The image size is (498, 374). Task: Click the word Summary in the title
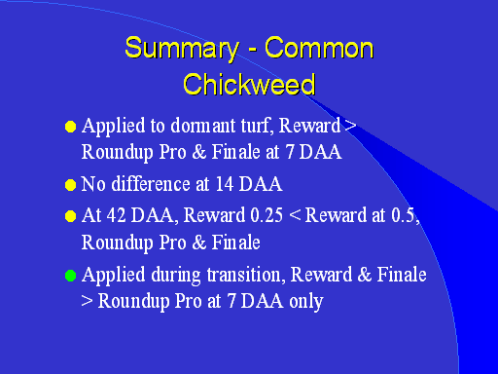pyautogui.click(x=182, y=49)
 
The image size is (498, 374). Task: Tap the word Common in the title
pyautogui.click(x=319, y=48)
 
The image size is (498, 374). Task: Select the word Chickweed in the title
pyautogui.click(x=249, y=84)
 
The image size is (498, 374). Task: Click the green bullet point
pyautogui.click(x=70, y=276)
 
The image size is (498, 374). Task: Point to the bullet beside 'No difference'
pyautogui.click(x=70, y=185)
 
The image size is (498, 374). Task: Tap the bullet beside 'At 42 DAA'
pyautogui.click(x=70, y=216)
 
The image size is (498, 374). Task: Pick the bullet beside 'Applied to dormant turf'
pyautogui.click(x=70, y=127)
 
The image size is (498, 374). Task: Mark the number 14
pyautogui.click(x=225, y=184)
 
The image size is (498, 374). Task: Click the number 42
pyautogui.click(x=116, y=215)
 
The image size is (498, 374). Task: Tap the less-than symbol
pyautogui.click(x=295, y=216)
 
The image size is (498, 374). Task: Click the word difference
pyautogui.click(x=151, y=184)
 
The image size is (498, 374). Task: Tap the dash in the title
pyautogui.click(x=252, y=51)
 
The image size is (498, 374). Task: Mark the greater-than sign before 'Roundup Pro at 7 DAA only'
pyautogui.click(x=87, y=301)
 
